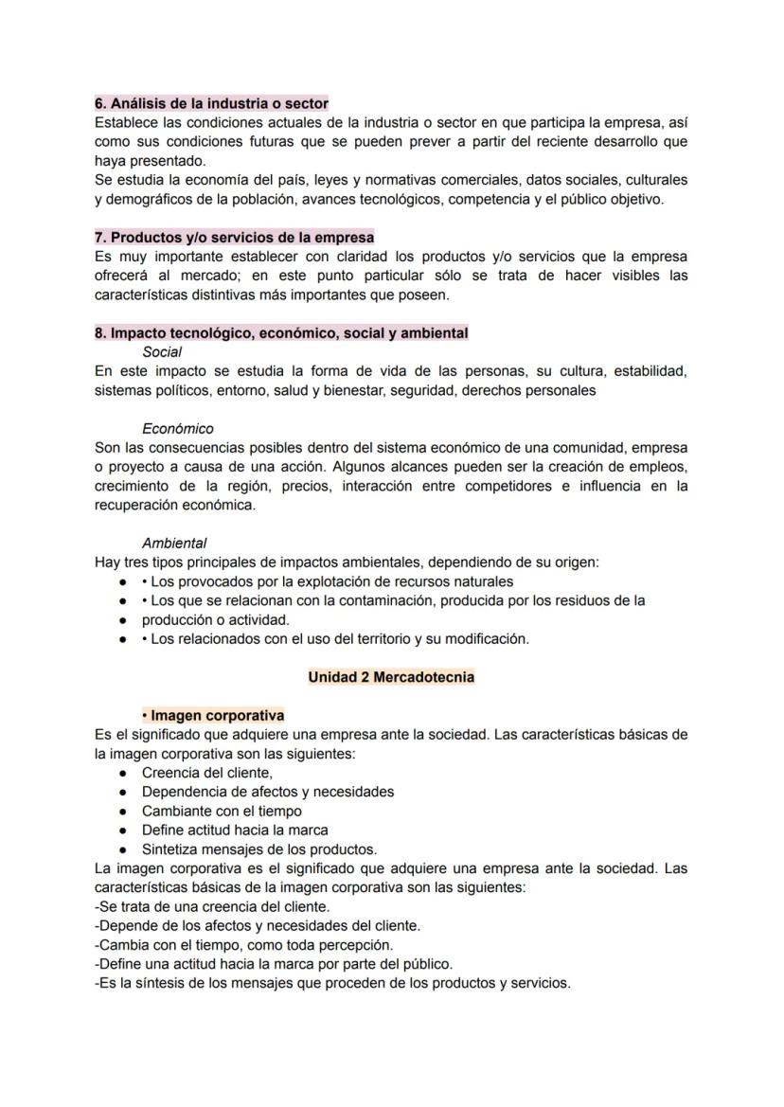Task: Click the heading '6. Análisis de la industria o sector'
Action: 211,103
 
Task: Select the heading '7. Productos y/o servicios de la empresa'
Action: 234,237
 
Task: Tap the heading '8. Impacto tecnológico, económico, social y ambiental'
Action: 281,333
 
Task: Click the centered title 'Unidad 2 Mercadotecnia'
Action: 391,677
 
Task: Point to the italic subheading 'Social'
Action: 162,352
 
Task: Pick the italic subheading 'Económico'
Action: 178,429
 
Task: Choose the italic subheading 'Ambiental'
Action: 174,544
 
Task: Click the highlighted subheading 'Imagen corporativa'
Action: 213,716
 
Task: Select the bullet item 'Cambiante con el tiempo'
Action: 222,811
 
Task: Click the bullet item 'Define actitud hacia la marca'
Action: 235,830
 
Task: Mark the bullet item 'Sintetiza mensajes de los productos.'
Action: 259,849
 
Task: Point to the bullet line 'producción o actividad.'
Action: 216,620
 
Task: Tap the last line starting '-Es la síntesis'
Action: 332,983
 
